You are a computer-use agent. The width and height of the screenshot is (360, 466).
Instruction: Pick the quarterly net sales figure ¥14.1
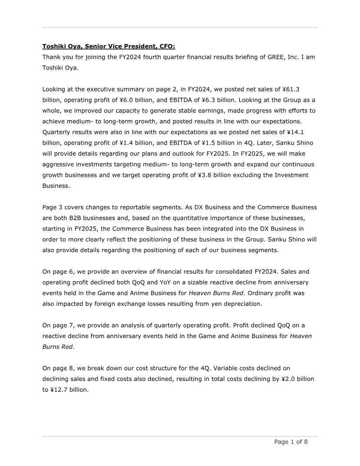(306, 132)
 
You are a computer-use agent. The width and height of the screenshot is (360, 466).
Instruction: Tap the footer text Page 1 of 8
(291, 442)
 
